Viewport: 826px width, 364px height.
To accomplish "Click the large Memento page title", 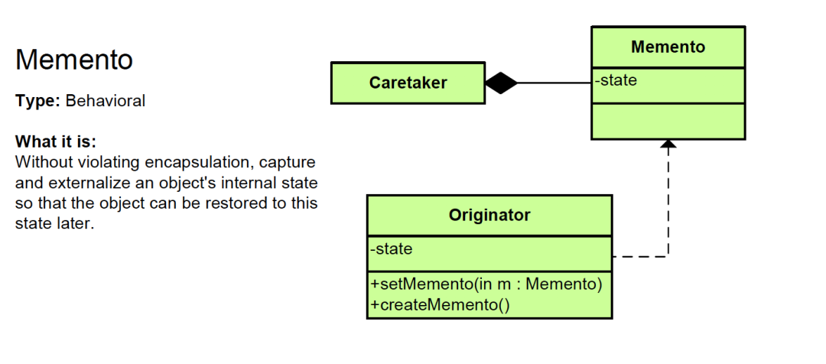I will (x=74, y=60).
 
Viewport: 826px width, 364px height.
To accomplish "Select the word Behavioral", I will (x=106, y=101).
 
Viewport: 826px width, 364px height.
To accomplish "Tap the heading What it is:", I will (x=56, y=142).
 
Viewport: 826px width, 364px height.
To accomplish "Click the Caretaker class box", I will (x=408, y=83).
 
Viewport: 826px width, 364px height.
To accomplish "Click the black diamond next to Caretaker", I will (x=501, y=83).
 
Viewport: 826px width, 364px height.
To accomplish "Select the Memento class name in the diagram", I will (x=668, y=47).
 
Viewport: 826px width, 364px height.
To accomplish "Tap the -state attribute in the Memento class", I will (x=616, y=80).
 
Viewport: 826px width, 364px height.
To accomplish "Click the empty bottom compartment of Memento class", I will (x=668, y=121).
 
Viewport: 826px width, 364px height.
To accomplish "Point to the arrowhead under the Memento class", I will (x=668, y=144).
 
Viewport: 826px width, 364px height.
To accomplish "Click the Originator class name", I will (x=489, y=215).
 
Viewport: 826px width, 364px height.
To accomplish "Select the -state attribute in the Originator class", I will (x=392, y=249).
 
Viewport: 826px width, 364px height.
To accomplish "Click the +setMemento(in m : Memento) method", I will (x=486, y=284).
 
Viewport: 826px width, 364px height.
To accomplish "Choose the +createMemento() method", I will (x=440, y=304).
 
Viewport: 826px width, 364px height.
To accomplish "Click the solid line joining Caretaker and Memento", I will (x=554, y=83).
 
